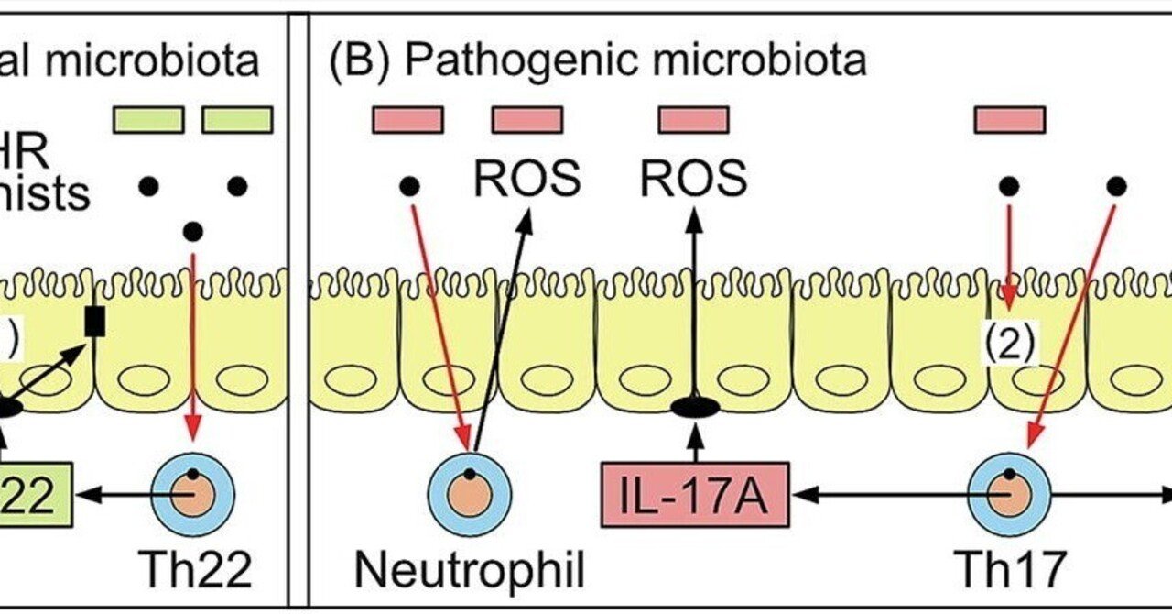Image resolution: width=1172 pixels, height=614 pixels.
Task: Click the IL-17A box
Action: coord(696,495)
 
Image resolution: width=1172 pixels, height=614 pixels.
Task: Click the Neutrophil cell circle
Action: coord(470,495)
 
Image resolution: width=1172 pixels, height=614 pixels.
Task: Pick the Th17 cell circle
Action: coord(1010,495)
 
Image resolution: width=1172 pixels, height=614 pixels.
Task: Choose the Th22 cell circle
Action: coord(194,495)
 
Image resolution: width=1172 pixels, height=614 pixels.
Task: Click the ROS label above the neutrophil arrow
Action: coord(526,180)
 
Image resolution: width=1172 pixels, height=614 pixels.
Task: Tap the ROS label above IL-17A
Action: coord(693,180)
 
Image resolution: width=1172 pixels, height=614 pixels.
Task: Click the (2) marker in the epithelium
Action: coord(1009,345)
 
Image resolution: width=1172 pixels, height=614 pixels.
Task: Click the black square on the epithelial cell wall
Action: coord(94,320)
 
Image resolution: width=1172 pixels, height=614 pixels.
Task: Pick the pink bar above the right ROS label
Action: coord(693,119)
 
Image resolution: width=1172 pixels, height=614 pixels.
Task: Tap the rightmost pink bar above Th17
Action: coord(1010,119)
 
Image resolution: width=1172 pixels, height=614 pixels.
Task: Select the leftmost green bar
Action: coord(148,119)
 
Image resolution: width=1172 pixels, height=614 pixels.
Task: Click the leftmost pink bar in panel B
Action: coord(407,119)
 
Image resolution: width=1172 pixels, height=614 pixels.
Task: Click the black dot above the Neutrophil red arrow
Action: coord(409,187)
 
